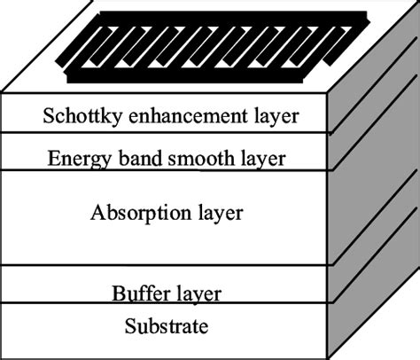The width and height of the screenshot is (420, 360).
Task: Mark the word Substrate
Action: (167, 325)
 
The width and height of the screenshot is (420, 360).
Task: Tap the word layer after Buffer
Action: (195, 293)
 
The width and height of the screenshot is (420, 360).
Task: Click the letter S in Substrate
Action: (129, 325)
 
